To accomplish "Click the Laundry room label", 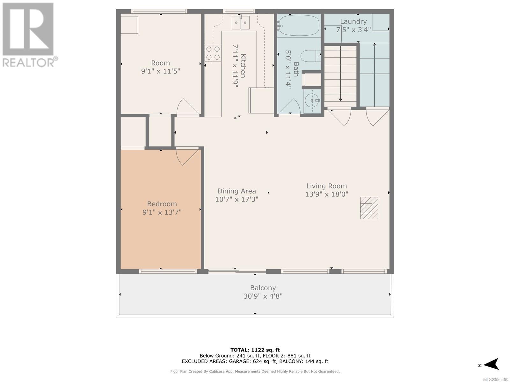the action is click(353, 22).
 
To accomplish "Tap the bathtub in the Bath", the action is click(299, 25).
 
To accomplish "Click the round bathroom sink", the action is click(312, 101).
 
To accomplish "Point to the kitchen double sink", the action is click(240, 23).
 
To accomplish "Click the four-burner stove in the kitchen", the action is click(213, 53).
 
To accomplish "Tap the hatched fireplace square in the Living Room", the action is click(369, 208).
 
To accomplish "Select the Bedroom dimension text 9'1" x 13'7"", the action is click(162, 212).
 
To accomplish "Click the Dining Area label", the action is click(237, 191).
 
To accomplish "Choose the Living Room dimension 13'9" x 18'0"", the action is click(327, 194).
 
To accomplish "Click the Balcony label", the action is click(263, 288).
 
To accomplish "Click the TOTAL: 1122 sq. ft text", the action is click(255, 350).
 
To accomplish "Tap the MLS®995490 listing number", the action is click(496, 379).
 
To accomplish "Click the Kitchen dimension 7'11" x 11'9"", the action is click(235, 66).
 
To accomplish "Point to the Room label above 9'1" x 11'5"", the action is click(161, 63).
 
